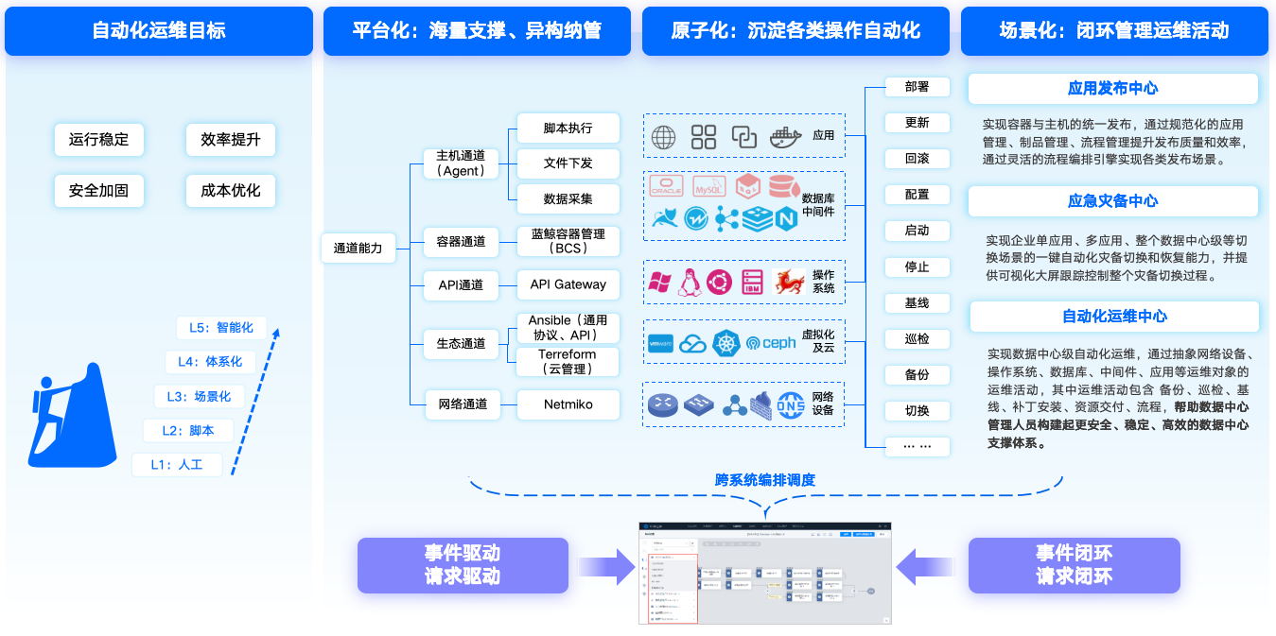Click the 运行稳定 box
(98, 140)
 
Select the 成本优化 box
(231, 190)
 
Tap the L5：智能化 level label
(221, 328)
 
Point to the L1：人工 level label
(177, 464)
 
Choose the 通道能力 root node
(358, 249)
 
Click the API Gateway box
(568, 284)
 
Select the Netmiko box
(568, 404)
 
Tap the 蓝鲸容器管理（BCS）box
(568, 241)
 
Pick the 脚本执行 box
(568, 129)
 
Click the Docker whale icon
(786, 137)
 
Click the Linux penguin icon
(690, 282)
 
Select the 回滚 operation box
(917, 159)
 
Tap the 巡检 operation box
(917, 338)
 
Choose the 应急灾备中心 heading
(1112, 200)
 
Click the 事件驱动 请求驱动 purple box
(463, 565)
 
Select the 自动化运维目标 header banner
(159, 30)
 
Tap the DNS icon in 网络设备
(791, 404)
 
